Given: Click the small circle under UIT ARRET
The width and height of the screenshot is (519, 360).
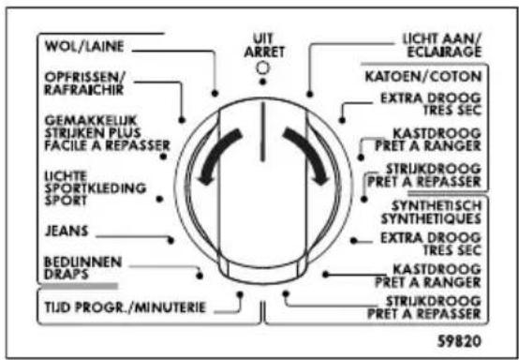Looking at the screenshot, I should pos(264,68).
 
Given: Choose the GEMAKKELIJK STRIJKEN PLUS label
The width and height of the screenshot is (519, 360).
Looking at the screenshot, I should pos(92,132).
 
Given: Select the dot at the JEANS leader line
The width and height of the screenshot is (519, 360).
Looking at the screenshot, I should pos(170,240).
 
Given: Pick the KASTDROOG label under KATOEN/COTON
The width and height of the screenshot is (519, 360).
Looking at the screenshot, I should pos(437,141).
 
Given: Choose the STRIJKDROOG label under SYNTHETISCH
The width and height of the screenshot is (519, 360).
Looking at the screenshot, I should pos(437,306).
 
